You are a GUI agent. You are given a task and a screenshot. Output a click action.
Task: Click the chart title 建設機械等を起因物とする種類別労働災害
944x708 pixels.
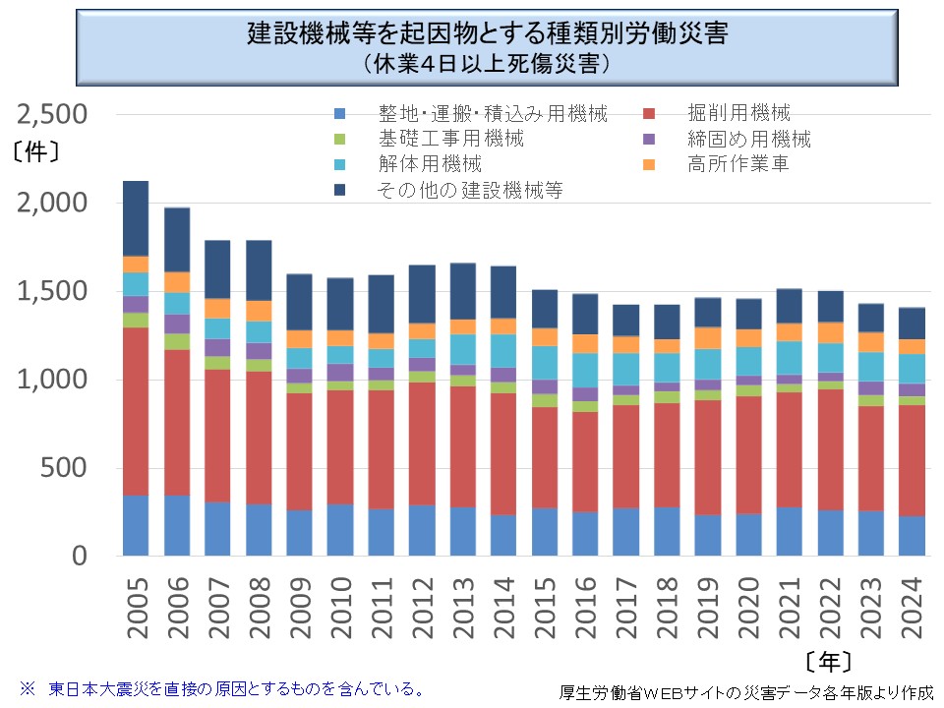click(487, 35)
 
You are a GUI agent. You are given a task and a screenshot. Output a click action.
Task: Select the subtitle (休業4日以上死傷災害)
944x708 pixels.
click(487, 64)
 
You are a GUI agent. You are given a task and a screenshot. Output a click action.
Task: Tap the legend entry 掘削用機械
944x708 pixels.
click(738, 113)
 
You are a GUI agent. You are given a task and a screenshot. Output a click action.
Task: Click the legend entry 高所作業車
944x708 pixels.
click(738, 163)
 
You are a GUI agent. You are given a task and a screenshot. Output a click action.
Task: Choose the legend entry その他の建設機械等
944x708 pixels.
click(470, 189)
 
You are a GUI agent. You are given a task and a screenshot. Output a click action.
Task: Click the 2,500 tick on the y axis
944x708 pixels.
click(53, 115)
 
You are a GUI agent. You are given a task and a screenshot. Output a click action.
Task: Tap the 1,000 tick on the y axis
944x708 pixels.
click(53, 381)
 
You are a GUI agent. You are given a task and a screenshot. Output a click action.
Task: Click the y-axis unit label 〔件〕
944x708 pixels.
click(39, 152)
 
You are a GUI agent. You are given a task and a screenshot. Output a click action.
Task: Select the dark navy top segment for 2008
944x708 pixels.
click(259, 270)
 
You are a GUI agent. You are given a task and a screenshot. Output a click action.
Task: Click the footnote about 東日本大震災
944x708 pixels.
click(222, 687)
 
